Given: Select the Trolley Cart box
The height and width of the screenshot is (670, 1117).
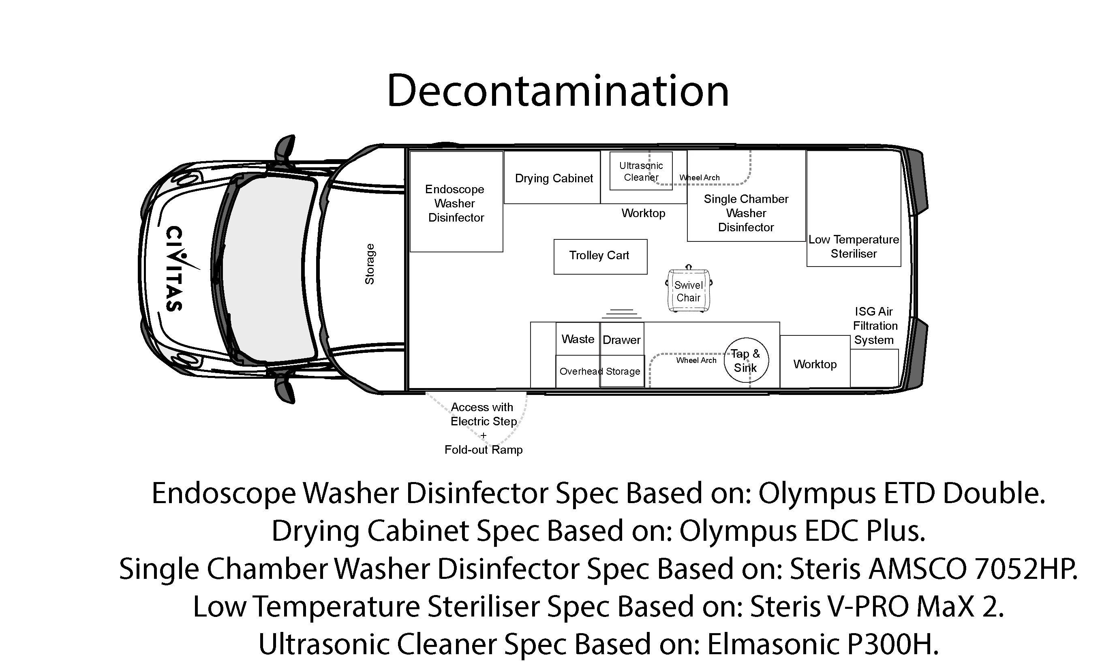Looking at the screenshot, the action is (x=600, y=256).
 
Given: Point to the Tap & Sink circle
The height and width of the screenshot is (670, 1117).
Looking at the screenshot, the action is (x=746, y=360).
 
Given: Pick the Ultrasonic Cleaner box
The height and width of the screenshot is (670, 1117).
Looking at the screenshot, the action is (x=641, y=171).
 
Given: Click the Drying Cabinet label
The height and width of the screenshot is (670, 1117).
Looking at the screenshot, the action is (x=554, y=178).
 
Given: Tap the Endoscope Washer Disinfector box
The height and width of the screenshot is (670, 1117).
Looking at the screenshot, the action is (x=456, y=201).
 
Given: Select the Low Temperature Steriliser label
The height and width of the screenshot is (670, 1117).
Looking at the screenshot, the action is (x=854, y=247).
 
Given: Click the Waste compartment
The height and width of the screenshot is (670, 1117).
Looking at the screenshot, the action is (x=578, y=339).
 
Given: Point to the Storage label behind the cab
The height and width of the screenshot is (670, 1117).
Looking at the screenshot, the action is (x=370, y=264).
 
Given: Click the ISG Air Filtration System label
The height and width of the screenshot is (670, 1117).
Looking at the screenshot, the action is (x=875, y=326).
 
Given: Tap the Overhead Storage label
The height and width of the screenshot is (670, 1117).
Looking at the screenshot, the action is (x=600, y=371).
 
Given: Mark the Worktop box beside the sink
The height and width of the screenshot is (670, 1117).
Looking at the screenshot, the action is (x=815, y=361).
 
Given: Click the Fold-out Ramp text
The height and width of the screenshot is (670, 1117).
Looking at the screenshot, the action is (x=483, y=450).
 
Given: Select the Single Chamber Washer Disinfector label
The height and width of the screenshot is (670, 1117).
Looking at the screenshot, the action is (x=746, y=213).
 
